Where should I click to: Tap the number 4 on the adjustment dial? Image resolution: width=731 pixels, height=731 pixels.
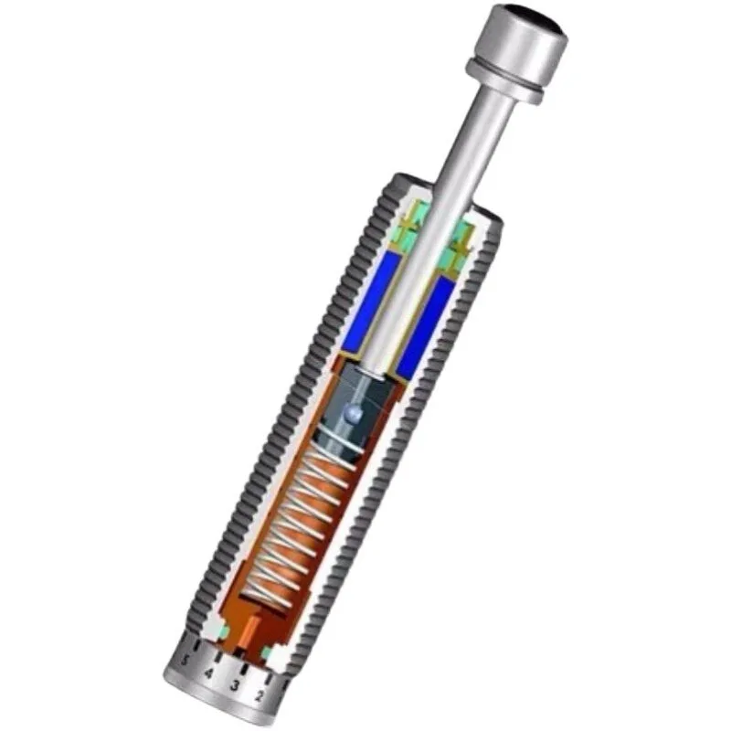208,674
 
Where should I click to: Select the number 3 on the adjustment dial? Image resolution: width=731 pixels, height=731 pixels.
235,684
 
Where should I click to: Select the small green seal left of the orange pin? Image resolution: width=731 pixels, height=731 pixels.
223,632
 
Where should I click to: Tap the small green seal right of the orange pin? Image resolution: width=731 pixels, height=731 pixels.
268,653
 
